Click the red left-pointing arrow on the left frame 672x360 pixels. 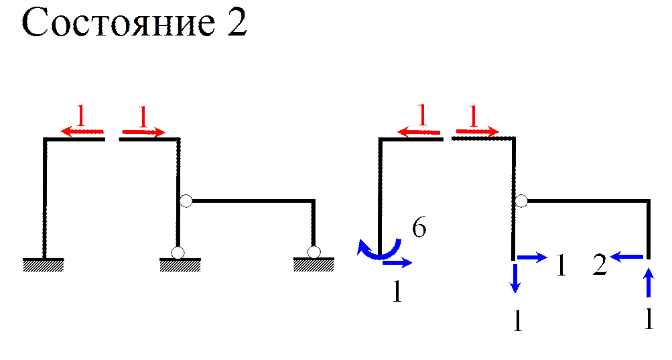point(82,132)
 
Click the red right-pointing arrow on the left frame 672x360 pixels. point(143,133)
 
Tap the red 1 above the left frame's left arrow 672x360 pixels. point(81,117)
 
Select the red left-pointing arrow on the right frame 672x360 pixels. point(419,132)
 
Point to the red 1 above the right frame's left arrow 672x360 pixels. point(421,117)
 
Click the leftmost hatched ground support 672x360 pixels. point(44,266)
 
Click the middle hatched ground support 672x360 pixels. point(180,266)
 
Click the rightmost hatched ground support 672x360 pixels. point(313,266)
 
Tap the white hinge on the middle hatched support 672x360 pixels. point(178,253)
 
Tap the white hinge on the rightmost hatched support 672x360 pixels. point(313,252)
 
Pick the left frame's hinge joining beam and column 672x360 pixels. point(186,200)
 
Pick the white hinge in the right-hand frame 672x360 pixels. point(521,201)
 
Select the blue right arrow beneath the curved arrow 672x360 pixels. point(398,263)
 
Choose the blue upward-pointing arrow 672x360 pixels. point(648,282)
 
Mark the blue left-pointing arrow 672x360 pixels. point(627,255)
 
